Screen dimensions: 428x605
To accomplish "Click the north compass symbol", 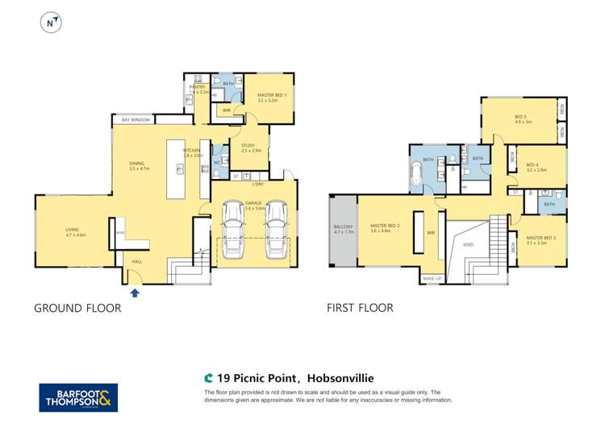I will pyautogui.click(x=52, y=23).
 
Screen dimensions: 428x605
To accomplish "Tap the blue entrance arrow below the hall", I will pyautogui.click(x=135, y=293).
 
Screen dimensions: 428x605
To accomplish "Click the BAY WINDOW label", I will pyautogui.click(x=136, y=120).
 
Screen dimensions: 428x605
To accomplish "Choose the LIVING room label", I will pyautogui.click(x=73, y=230).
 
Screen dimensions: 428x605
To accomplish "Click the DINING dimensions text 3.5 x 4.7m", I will pyautogui.click(x=141, y=169).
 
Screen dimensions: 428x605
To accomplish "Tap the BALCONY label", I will pyautogui.click(x=343, y=226).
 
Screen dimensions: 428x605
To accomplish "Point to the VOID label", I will pyautogui.click(x=468, y=244).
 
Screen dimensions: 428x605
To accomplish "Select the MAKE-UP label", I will pyautogui.click(x=432, y=279).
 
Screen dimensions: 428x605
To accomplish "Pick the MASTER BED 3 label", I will pyautogui.click(x=540, y=238).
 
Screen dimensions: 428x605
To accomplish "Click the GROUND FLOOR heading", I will pyautogui.click(x=77, y=308).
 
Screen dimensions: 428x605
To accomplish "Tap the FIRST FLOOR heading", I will pyautogui.click(x=360, y=308).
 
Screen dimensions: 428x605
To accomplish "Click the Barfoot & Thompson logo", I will pyautogui.click(x=78, y=397).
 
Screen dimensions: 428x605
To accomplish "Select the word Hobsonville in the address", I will pyautogui.click(x=340, y=377).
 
